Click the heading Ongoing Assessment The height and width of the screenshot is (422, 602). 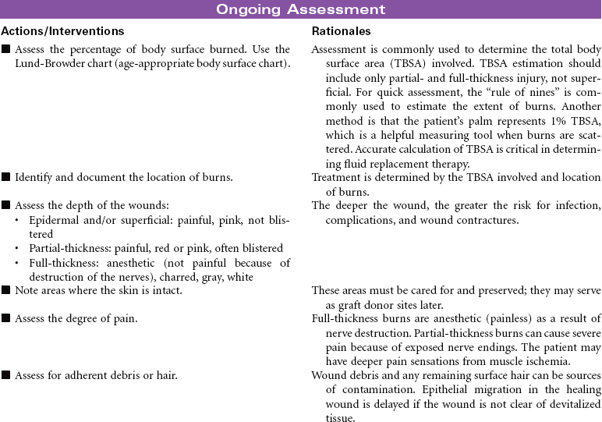300,9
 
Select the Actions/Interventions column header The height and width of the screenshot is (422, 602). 62,31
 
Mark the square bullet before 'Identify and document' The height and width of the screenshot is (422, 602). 6,177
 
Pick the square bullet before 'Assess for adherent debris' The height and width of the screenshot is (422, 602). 6,375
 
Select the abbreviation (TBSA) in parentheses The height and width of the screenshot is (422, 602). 431,63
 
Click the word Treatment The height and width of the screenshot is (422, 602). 336,177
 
